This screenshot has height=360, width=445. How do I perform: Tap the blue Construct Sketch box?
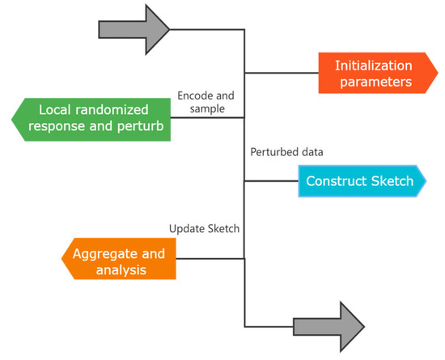(362, 182)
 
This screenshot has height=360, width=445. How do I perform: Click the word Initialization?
(375, 65)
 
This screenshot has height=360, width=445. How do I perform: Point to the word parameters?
(375, 83)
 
